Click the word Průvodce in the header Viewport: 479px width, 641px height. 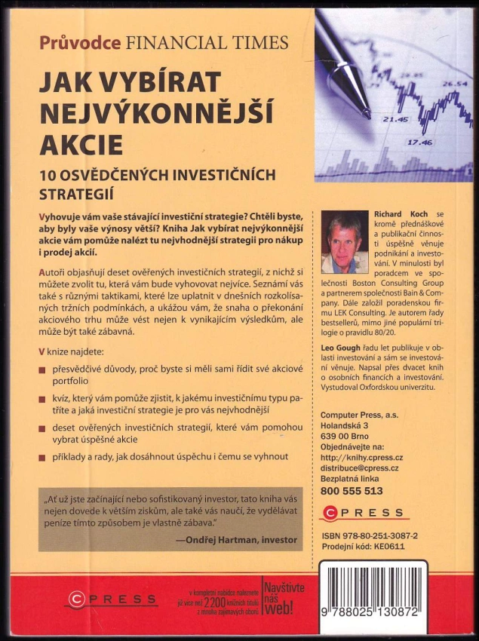[x=80, y=42]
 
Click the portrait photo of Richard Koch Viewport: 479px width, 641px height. [x=344, y=241]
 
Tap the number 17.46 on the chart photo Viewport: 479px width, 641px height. [x=420, y=142]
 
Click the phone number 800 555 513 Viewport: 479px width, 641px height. [x=352, y=490]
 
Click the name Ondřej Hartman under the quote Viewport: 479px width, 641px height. [x=216, y=540]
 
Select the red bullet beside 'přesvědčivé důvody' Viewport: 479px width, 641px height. [x=43, y=370]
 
